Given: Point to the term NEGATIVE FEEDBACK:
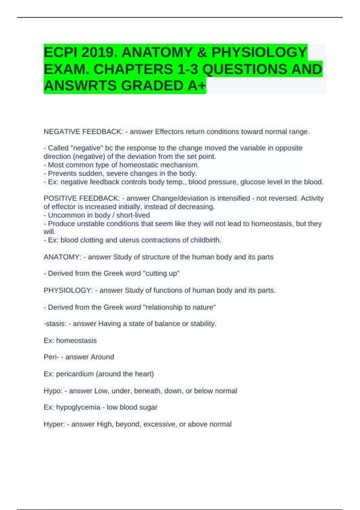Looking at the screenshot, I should click(83, 132).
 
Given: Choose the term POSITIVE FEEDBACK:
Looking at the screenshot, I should click(82, 198).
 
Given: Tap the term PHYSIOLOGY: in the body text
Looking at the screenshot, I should click(68, 290).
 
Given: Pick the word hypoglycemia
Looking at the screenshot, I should click(78, 407).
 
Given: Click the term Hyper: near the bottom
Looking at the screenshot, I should click(54, 424).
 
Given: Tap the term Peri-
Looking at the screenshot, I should click(51, 357).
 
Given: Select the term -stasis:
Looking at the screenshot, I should click(55, 324).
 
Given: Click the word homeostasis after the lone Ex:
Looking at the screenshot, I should click(76, 341).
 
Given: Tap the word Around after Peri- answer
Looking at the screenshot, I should click(102, 357).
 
